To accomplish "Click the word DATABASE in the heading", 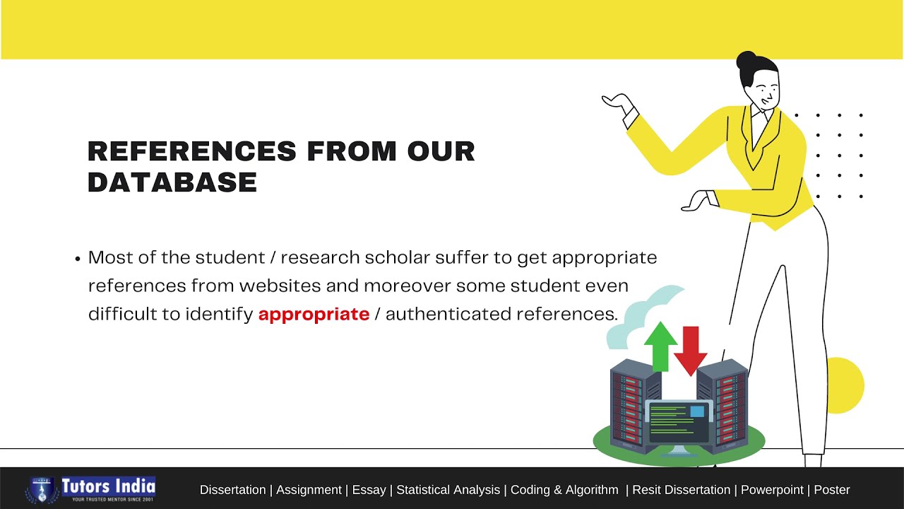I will click(x=172, y=182).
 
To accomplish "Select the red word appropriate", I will click(x=314, y=314).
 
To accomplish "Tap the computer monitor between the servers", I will click(x=679, y=421).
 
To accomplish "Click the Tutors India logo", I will click(x=91, y=488).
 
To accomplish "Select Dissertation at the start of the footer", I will click(x=232, y=490).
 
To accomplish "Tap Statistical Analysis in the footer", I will click(x=448, y=490).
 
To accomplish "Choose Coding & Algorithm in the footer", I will click(x=564, y=490).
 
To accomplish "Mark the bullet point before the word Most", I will click(x=78, y=259).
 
